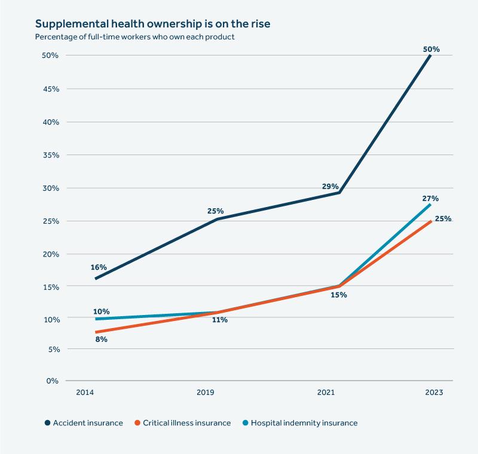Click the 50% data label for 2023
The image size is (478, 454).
click(x=431, y=50)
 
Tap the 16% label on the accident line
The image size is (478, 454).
click(x=98, y=268)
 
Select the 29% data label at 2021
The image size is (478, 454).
click(x=330, y=187)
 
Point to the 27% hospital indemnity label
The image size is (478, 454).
click(x=431, y=198)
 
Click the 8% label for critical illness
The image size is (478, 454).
click(x=100, y=339)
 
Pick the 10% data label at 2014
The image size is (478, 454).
click(x=102, y=311)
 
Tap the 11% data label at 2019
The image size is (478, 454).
click(x=219, y=320)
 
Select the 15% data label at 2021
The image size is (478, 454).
click(x=339, y=295)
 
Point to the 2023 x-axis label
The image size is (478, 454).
click(x=434, y=393)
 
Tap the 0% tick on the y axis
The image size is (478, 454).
click(x=53, y=380)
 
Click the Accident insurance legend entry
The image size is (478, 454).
click(x=87, y=423)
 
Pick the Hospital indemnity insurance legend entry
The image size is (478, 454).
click(x=304, y=423)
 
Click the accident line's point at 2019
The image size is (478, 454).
click(x=216, y=219)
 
